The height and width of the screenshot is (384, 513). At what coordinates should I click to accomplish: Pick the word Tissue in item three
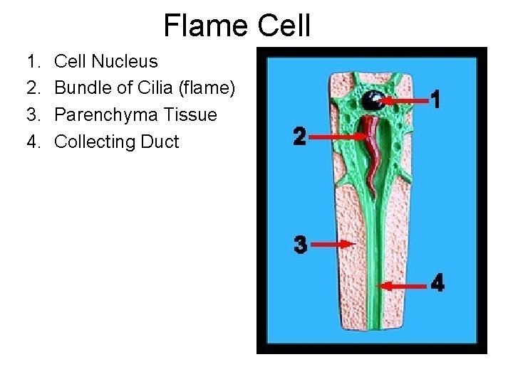pyautogui.click(x=193, y=114)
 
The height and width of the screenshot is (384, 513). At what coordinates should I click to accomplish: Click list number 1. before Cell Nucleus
pyautogui.click(x=33, y=60)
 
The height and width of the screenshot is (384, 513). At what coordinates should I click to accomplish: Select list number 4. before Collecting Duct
pyautogui.click(x=33, y=142)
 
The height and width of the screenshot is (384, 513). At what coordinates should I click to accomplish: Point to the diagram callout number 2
pyautogui.click(x=301, y=136)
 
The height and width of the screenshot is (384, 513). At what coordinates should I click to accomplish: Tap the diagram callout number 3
pyautogui.click(x=301, y=245)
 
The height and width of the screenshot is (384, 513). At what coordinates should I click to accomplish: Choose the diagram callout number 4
pyautogui.click(x=437, y=284)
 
